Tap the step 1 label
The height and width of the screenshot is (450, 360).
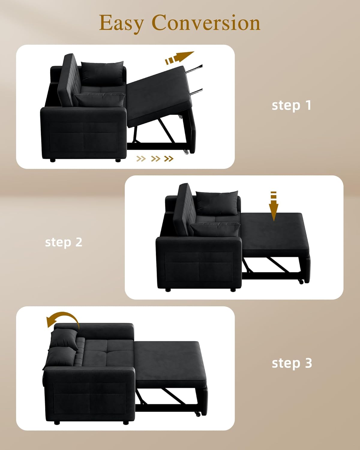coord(291,105)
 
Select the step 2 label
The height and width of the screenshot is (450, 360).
coord(64,242)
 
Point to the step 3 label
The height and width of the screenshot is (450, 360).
coord(292,363)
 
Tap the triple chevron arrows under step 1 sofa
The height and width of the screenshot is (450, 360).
coord(155,158)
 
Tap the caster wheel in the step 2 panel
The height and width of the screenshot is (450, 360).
coord(301,281)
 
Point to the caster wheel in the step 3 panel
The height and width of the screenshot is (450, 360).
coord(198,414)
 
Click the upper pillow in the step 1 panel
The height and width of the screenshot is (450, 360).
coord(102,73)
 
